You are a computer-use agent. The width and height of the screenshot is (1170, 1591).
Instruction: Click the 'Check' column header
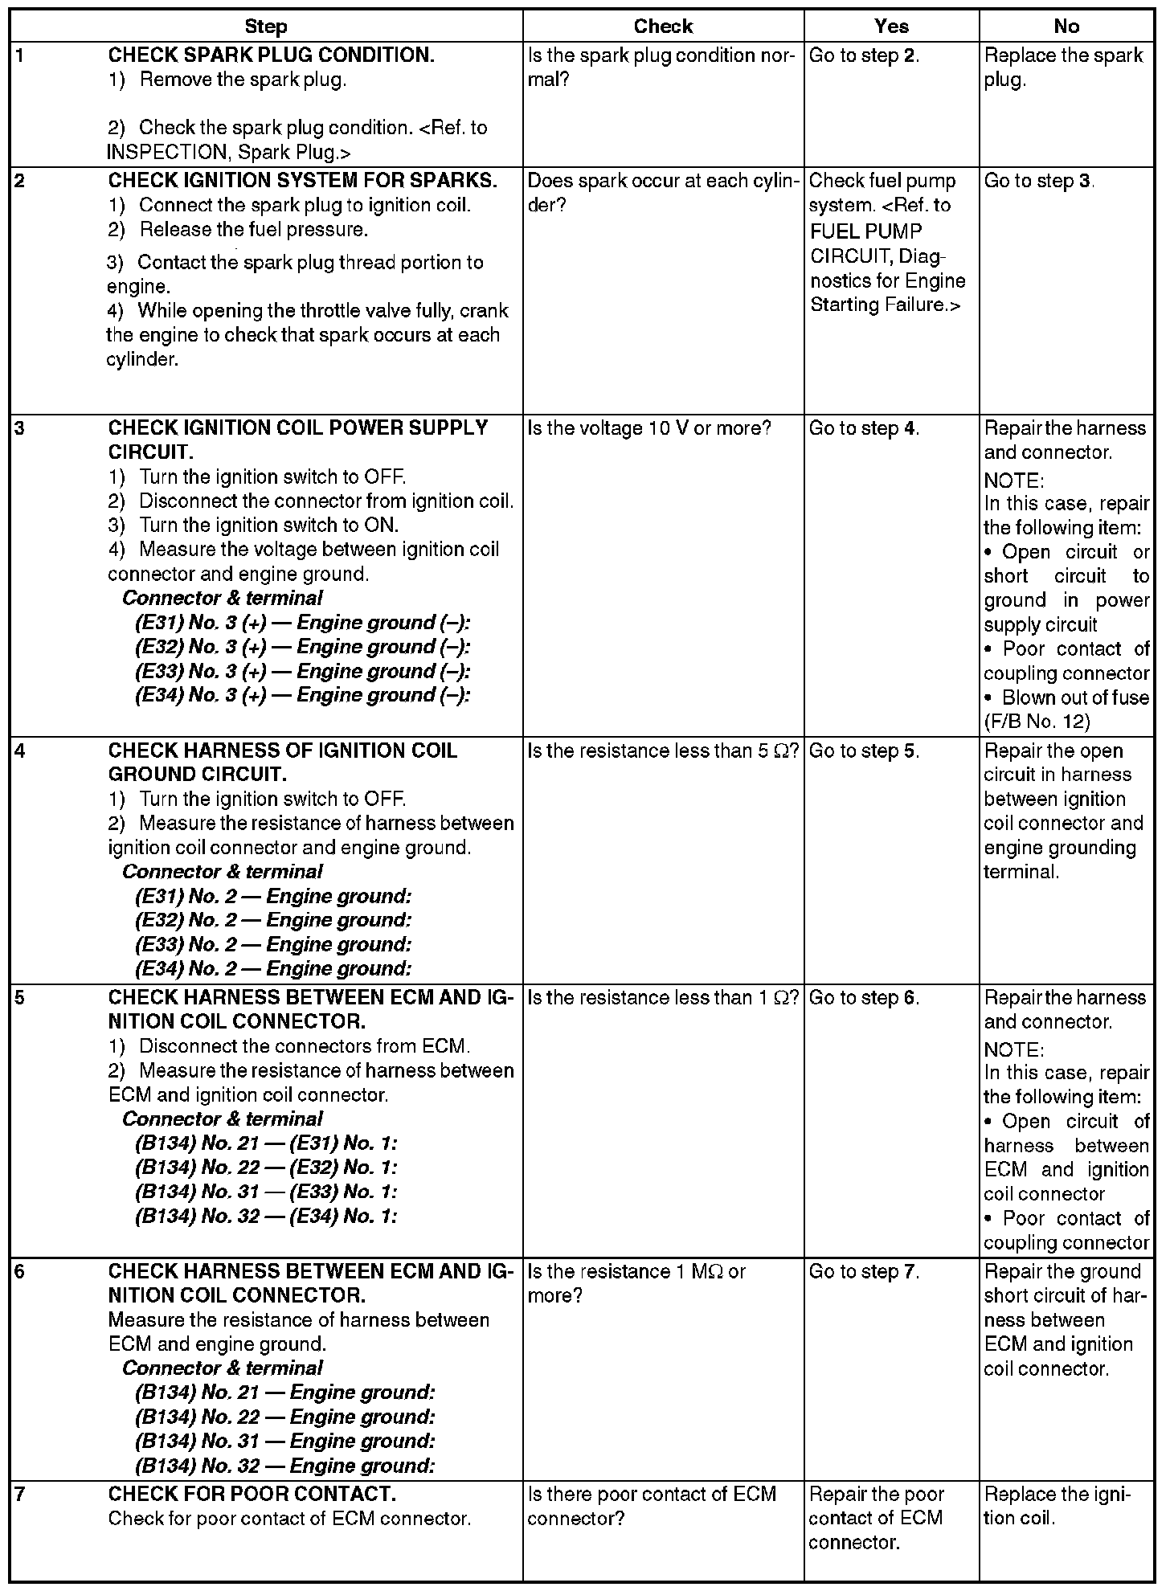tap(663, 27)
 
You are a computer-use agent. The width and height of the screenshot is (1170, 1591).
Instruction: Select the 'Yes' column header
tap(891, 27)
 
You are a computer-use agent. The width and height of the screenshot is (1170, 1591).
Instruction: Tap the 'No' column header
tap(1066, 27)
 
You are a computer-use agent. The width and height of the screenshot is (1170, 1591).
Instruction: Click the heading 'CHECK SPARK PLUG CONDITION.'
tap(271, 55)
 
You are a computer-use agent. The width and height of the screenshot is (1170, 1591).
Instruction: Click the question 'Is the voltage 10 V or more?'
tap(648, 428)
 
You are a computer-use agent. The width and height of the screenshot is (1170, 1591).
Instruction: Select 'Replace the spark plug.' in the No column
tap(1062, 67)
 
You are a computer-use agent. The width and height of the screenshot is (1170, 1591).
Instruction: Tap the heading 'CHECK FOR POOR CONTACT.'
tap(252, 1494)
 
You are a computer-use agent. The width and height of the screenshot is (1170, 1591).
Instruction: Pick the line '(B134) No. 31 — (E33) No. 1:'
tap(266, 1192)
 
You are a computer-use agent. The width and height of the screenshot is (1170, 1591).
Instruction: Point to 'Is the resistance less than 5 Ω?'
tap(663, 751)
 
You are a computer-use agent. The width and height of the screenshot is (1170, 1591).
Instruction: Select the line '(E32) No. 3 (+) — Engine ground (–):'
tap(302, 647)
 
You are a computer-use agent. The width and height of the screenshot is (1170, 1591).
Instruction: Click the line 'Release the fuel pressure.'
tap(253, 230)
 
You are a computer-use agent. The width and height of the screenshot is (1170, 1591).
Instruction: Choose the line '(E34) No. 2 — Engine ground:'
tap(273, 968)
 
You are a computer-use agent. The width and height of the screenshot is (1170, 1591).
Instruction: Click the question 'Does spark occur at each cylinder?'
tap(661, 193)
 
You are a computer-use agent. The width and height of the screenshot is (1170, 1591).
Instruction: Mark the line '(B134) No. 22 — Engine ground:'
tap(284, 1417)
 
